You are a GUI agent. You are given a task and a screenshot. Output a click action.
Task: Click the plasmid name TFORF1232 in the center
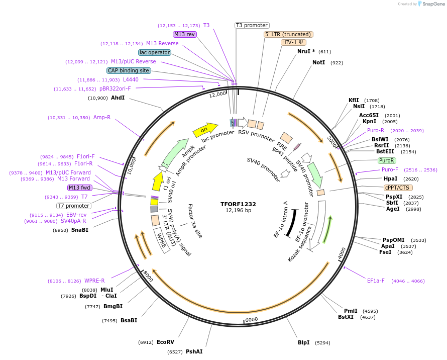pos(238,204)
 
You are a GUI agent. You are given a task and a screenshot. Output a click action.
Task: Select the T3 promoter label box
pos(252,25)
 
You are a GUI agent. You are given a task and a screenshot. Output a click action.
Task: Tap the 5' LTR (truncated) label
pos(288,34)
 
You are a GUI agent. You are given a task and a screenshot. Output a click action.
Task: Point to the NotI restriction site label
pos(319,63)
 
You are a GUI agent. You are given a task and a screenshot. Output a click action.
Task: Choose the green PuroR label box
pos(386,160)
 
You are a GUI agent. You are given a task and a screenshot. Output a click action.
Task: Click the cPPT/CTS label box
pos(397,188)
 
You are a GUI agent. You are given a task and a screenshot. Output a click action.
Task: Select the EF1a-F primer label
pos(376,281)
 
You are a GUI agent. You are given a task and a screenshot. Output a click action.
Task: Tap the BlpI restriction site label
pos(303,343)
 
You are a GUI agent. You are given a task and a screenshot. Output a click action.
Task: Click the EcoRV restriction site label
pos(165,342)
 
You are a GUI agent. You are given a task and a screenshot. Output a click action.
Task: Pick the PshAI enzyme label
pos(194,351)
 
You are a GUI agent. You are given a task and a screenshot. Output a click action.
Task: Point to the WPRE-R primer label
pos(94,281)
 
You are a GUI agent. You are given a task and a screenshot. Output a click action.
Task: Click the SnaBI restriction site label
pos(79,230)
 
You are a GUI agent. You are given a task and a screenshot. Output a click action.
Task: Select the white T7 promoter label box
pos(73,206)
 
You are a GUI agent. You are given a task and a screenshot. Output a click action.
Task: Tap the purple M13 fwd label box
pos(79,188)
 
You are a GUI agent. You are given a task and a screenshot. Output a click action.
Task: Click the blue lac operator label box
pos(155,52)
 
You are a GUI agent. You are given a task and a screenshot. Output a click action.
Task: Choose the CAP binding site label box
pos(129,70)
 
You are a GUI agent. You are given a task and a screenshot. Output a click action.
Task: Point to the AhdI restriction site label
pos(118,98)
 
